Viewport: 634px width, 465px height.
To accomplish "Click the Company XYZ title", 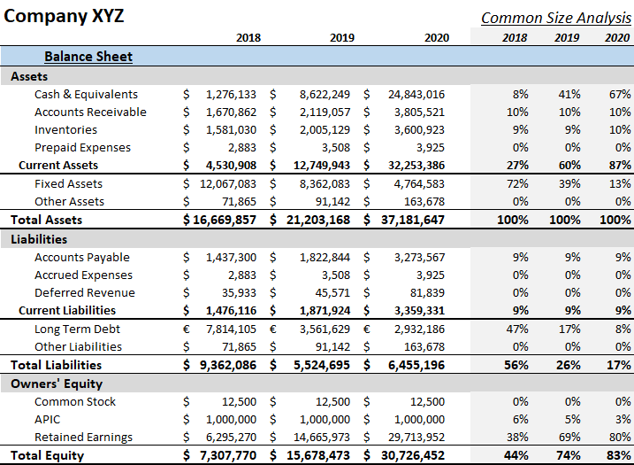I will point(65,15).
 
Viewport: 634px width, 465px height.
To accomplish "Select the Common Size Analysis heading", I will point(555,18).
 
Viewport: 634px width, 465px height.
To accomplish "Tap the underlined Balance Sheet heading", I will point(88,57).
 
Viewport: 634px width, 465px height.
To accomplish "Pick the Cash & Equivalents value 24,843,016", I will point(416,95).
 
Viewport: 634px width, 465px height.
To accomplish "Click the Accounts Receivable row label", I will point(90,112).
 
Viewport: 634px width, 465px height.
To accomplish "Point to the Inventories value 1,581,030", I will point(231,130).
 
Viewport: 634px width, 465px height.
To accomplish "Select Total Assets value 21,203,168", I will point(318,221).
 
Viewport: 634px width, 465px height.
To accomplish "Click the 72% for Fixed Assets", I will point(520,184).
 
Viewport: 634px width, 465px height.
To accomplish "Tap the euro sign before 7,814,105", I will point(187,329).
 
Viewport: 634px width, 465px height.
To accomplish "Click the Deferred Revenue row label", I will point(85,293).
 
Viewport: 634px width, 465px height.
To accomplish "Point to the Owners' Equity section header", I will point(57,384).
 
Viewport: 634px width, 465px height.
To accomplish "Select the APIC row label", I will point(48,420).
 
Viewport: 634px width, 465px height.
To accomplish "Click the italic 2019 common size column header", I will point(567,38).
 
